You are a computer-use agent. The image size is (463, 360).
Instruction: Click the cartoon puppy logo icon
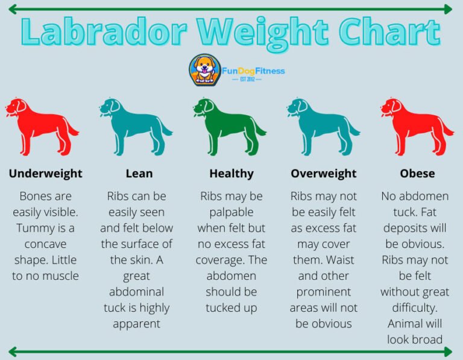coord(204,70)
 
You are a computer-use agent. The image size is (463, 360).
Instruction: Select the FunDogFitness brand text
coord(253,71)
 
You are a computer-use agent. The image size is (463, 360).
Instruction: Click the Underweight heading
coord(46,174)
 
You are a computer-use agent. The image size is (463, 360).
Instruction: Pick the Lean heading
coord(139,174)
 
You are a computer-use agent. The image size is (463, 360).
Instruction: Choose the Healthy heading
coord(231,174)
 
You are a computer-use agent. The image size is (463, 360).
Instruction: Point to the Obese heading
coord(417,174)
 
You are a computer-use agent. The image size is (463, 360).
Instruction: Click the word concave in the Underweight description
coord(46,244)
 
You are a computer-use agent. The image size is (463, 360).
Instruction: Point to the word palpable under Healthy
coord(231,212)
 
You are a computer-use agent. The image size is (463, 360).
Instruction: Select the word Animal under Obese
coord(406,323)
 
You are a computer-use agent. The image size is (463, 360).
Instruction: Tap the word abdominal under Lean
coord(136,291)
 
